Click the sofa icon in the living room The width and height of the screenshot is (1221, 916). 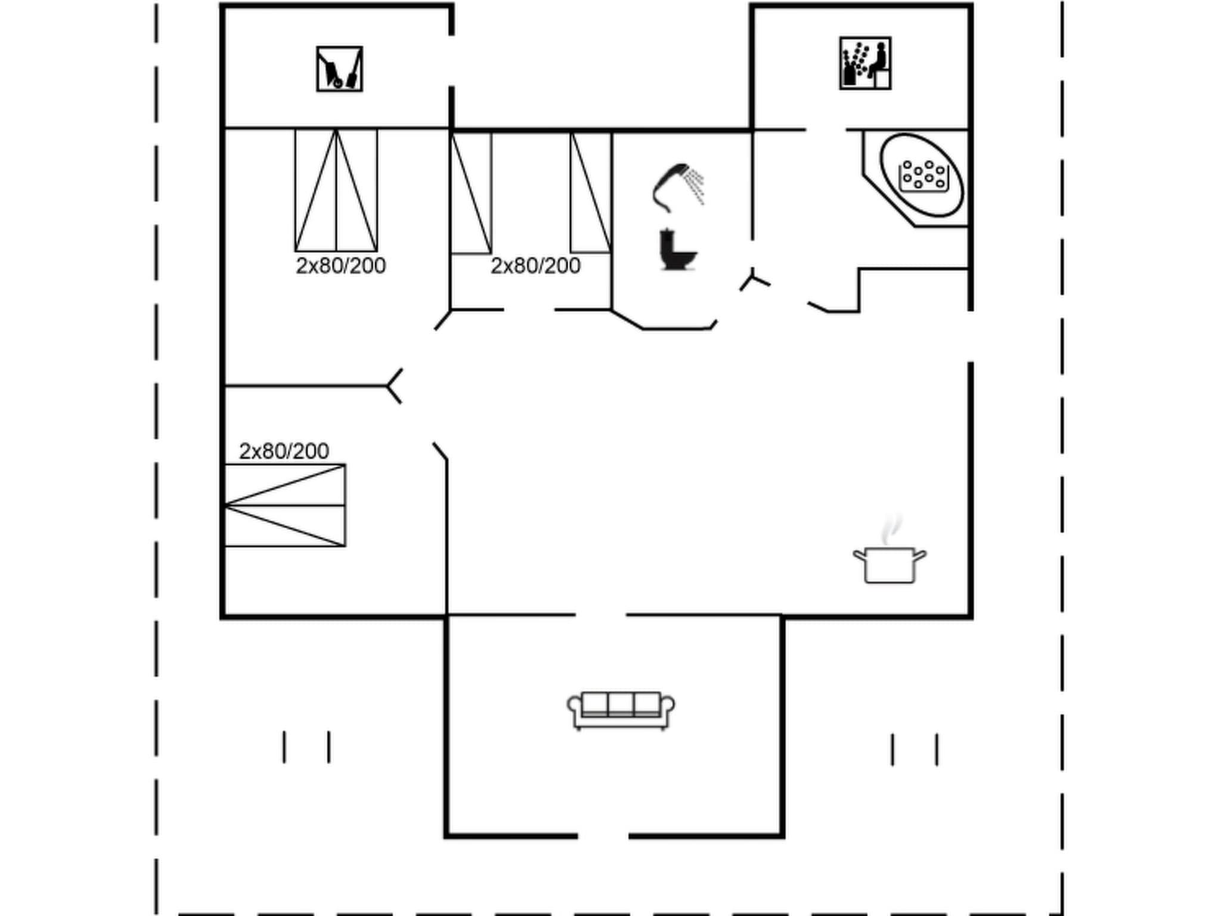click(621, 710)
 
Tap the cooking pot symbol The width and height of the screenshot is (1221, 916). click(889, 564)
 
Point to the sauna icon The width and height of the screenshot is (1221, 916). click(865, 63)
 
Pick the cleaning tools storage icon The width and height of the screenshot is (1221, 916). click(339, 69)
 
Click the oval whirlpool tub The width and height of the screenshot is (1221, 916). click(922, 175)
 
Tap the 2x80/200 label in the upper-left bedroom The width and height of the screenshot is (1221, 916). click(340, 266)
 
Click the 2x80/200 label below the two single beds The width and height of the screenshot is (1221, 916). click(535, 266)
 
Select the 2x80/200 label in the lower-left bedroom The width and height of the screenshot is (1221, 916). click(284, 451)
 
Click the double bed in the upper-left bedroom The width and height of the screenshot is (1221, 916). click(336, 190)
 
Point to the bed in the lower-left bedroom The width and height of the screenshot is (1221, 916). click(285, 505)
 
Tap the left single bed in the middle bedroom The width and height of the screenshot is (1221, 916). click(471, 193)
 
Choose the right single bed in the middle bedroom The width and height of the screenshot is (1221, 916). click(591, 193)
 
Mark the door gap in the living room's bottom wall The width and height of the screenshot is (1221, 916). click(603, 836)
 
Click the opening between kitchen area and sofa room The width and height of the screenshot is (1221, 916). click(600, 614)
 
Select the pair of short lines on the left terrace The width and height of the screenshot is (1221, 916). click(306, 747)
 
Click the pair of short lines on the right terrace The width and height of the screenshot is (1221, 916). click(915, 750)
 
